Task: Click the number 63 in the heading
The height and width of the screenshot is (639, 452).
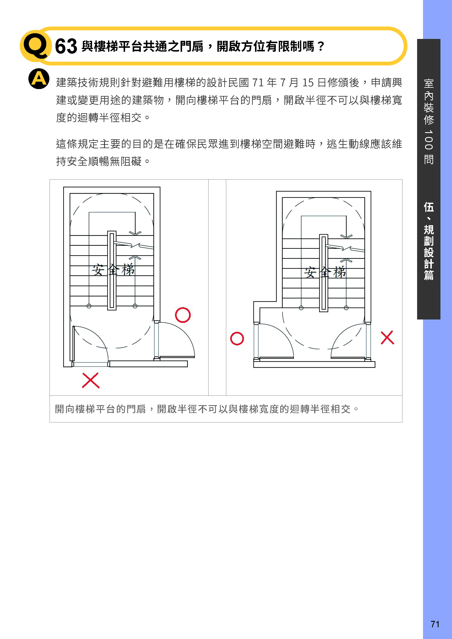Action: pyautogui.click(x=66, y=46)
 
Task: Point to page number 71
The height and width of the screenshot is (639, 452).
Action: pyautogui.click(x=435, y=624)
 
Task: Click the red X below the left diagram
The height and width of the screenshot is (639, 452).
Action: pyautogui.click(x=91, y=380)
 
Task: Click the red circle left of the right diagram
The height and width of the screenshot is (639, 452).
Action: pyautogui.click(x=237, y=339)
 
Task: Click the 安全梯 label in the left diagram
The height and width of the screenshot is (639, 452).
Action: pyautogui.click(x=113, y=269)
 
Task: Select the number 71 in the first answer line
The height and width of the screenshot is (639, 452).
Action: pyautogui.click(x=258, y=83)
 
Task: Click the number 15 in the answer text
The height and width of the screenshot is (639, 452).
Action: pyautogui.click(x=308, y=83)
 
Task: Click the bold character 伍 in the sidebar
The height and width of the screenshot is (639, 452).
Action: pyautogui.click(x=429, y=207)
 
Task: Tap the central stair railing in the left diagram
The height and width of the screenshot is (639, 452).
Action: pyautogui.click(x=112, y=270)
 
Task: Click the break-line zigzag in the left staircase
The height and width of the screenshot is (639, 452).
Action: pyautogui.click(x=135, y=245)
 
